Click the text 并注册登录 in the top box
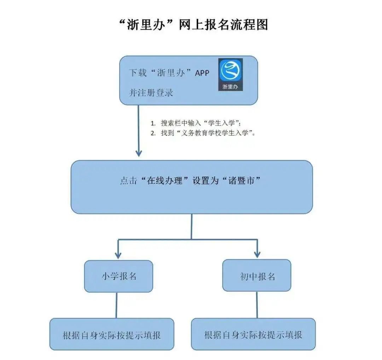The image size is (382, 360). [151, 93]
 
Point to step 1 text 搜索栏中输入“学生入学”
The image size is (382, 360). [201, 123]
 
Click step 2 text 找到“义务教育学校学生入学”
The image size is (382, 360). [208, 133]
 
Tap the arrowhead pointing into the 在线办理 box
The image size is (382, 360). [139, 153]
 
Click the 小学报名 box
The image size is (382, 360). [118, 276]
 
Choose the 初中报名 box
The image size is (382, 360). [257, 276]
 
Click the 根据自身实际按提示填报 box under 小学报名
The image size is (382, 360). [112, 335]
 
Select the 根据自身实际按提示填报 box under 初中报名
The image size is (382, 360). [253, 334]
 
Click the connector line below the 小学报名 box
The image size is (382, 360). [116, 305]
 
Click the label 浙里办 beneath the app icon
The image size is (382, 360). [230, 86]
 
